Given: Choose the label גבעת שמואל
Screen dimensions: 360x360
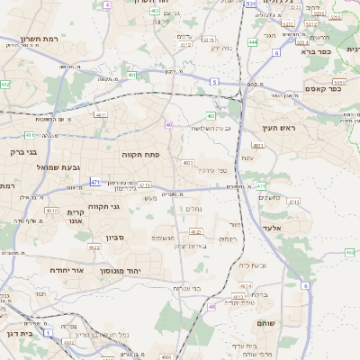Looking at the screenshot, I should (x=34, y=167).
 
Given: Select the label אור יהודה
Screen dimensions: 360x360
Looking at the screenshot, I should (x=66, y=269).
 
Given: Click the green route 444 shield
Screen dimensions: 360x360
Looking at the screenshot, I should (x=253, y=42).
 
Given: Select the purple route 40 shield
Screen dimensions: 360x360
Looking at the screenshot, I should (x=168, y=124).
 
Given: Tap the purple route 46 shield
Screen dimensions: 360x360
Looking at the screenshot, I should (x=211, y=307).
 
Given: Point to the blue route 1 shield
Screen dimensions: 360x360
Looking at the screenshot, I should (x=48, y=333).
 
